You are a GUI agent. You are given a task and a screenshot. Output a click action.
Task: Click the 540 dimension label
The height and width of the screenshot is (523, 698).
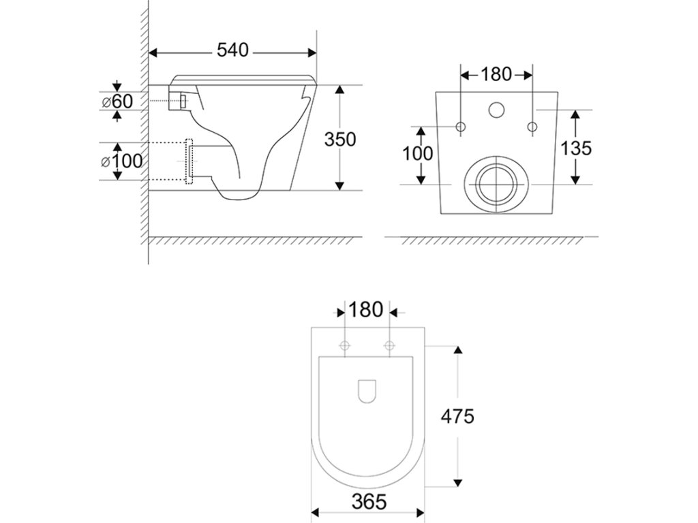[232, 50]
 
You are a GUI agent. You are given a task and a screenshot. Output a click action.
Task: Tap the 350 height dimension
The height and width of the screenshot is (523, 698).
[340, 140]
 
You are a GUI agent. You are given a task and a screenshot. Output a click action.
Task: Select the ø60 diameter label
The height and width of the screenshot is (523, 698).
[117, 101]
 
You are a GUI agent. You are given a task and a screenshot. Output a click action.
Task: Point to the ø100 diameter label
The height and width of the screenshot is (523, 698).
[122, 161]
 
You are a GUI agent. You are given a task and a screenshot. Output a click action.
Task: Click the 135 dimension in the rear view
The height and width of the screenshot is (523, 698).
[575, 148]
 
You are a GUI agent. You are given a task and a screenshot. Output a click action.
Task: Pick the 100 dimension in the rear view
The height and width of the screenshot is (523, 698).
[418, 154]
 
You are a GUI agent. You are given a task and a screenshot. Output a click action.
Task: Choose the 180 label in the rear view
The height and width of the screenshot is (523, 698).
[496, 74]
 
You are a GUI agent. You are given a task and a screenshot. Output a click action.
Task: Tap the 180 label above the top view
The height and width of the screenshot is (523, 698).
[365, 310]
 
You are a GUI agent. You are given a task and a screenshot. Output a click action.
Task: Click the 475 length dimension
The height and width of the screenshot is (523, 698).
[457, 417]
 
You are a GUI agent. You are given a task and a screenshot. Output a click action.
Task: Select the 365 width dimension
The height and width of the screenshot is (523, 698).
[369, 502]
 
